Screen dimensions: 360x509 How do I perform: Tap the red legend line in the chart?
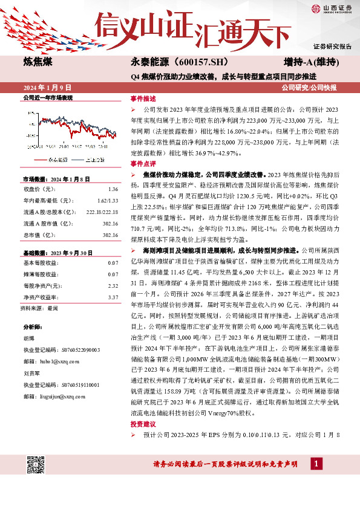[x=39, y=160]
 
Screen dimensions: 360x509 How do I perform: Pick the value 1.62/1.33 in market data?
[x=109, y=199]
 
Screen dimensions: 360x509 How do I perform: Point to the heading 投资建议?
[x=143, y=441]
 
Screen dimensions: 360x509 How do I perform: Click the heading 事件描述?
[x=143, y=98]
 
